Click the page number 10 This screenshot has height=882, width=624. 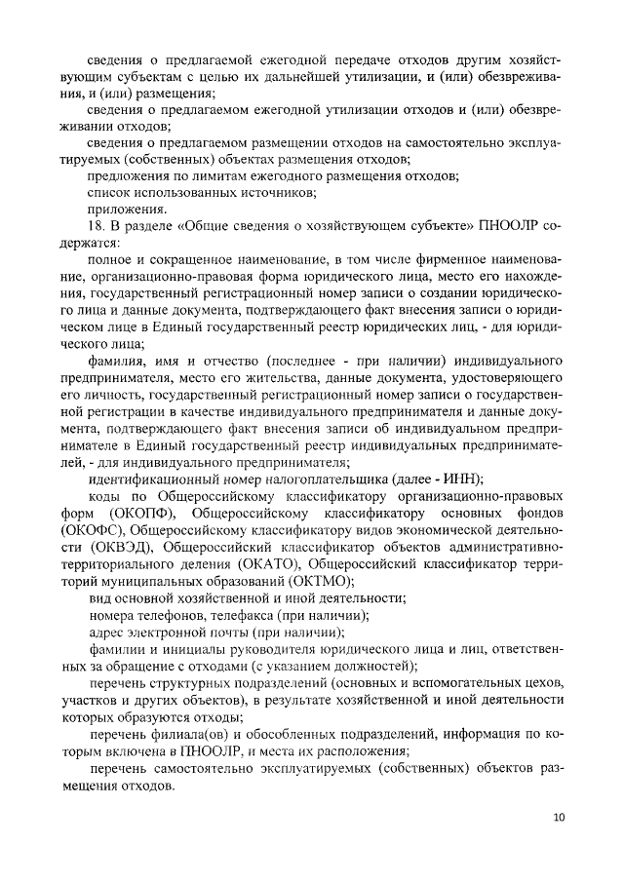558,817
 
